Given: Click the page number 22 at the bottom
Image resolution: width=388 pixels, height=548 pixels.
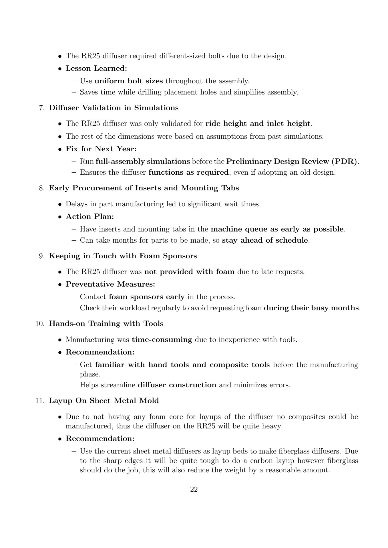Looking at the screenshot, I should coord(194,489).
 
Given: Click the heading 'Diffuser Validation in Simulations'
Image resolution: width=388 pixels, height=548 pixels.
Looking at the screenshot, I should coord(114,108).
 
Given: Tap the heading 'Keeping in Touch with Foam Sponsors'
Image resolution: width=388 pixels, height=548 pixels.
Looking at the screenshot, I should coord(123,256).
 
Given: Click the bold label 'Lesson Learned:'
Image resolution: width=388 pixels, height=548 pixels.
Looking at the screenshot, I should coord(96,68).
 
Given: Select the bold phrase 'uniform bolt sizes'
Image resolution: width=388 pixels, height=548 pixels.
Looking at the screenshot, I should coord(129,81).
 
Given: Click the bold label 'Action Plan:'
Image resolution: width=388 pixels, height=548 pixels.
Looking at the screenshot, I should coord(90,217).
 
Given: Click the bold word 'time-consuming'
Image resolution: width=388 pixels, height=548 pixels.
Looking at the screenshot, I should coord(162,340).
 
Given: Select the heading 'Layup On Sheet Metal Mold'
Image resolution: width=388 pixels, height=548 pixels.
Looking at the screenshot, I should coord(104,401).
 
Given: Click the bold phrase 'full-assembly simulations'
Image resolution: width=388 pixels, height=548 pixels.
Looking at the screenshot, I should coord(143,162).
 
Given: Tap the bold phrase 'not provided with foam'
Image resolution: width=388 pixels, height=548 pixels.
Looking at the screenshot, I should coord(189,272).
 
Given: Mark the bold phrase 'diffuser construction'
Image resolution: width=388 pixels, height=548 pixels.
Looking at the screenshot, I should coord(177,385).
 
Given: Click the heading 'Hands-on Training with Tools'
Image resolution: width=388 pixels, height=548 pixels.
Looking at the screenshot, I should coord(106,324).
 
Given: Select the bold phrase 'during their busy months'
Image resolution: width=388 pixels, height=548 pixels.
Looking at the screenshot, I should coord(311,308).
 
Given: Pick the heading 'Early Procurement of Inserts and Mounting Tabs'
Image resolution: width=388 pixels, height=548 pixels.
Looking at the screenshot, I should coord(144,188).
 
